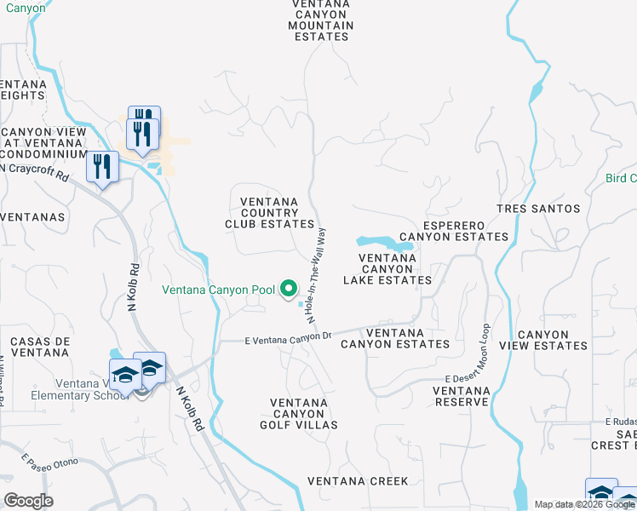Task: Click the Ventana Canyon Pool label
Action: click(219, 290)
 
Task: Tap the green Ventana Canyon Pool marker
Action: click(289, 290)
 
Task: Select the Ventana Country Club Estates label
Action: click(270, 213)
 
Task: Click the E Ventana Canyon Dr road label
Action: click(287, 337)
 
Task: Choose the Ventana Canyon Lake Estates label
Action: click(387, 268)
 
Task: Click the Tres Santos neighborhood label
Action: click(539, 209)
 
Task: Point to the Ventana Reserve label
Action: click(462, 397)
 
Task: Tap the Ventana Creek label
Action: click(358, 481)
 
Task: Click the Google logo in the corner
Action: click(28, 501)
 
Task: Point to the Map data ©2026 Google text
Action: click(584, 504)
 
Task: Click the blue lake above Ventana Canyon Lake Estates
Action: click(382, 243)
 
